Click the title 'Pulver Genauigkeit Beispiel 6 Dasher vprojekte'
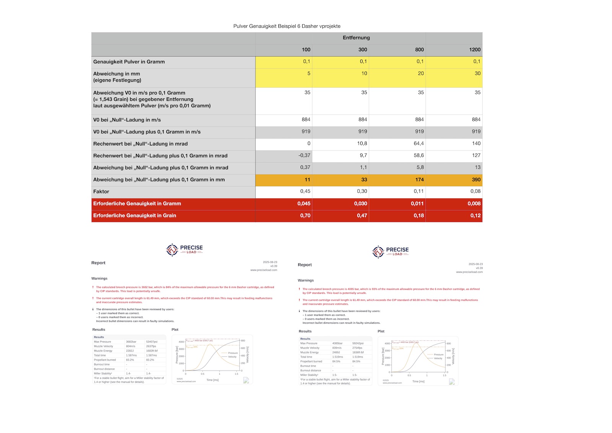coord(287,26)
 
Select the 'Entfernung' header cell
coord(356,38)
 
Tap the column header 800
coord(419,49)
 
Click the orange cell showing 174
coord(419,180)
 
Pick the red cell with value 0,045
coord(304,204)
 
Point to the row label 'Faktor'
coord(101,191)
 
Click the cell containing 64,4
coord(418,144)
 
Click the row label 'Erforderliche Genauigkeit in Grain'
coord(135,216)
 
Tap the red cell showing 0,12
coord(475,216)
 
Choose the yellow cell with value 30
coord(477,74)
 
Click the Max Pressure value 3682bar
coord(131,341)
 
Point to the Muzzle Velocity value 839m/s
coord(337,348)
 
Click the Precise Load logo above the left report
coord(184,250)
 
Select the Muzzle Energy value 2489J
coord(337,352)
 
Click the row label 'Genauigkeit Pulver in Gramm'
coord(129,62)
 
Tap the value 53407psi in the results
coord(152,341)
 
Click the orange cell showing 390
coord(476,180)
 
